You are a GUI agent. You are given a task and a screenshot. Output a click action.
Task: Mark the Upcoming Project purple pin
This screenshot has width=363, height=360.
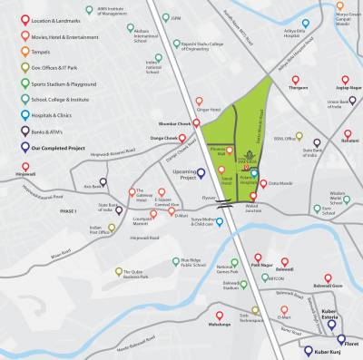click(x=188, y=161)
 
